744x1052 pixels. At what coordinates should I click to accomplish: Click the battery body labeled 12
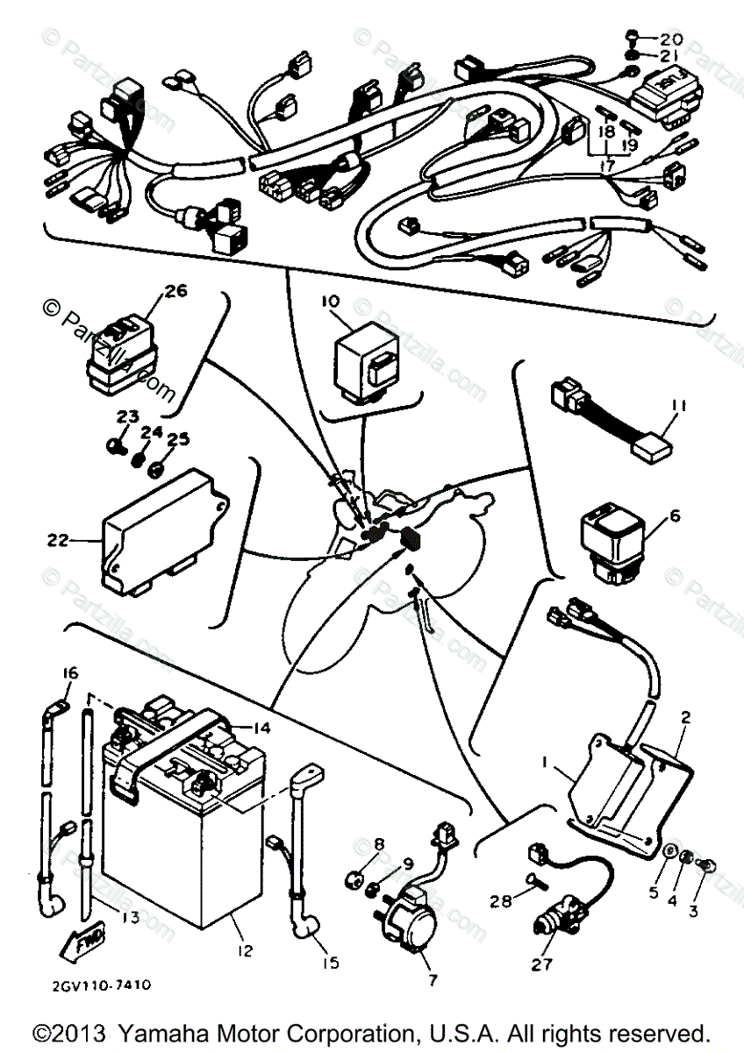[175, 842]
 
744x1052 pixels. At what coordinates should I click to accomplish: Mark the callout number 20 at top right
[670, 40]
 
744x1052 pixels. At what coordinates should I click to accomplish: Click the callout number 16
[69, 673]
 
